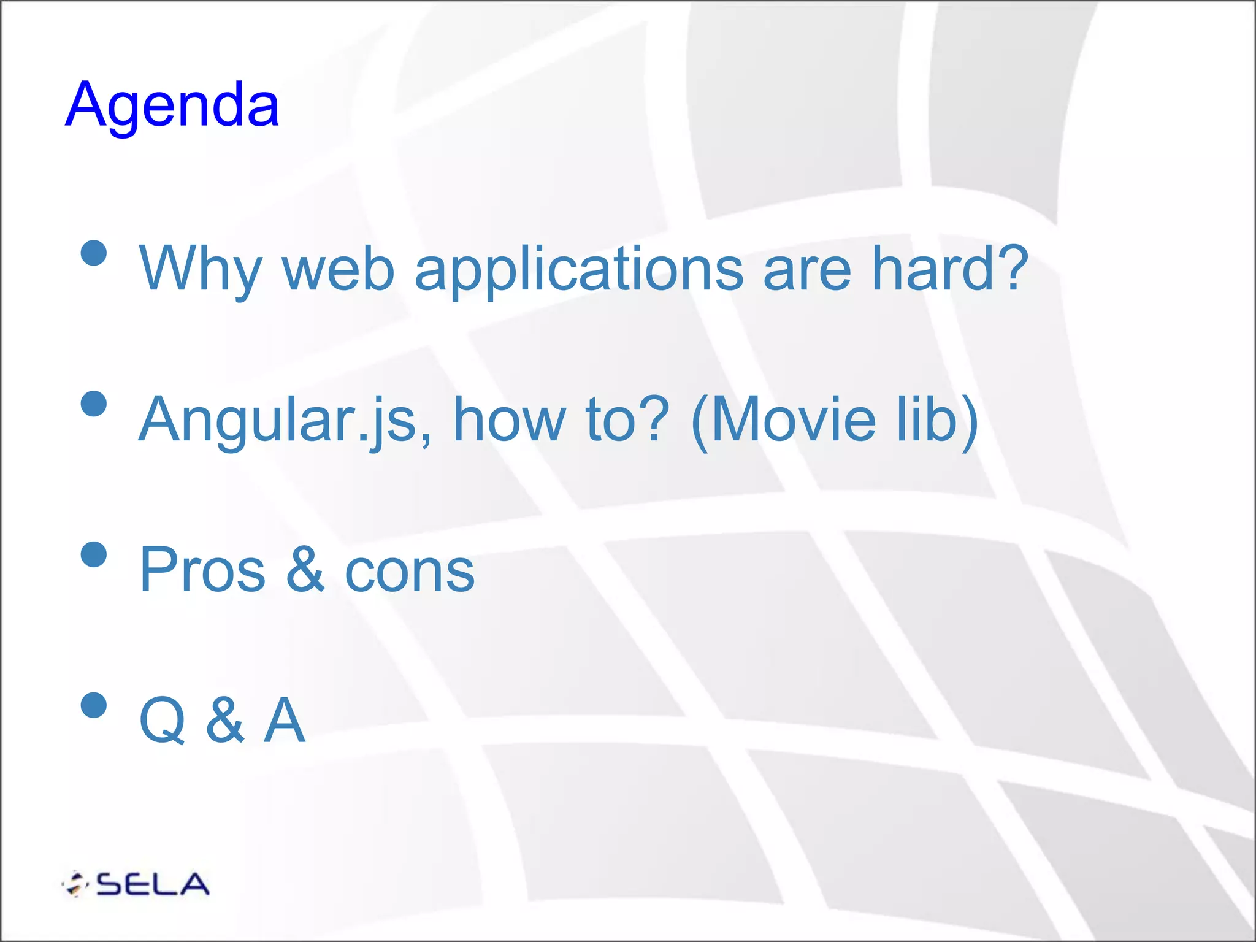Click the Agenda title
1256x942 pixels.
click(172, 105)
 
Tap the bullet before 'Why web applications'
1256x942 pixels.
click(94, 253)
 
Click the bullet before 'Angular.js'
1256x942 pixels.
click(94, 404)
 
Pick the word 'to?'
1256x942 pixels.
click(627, 420)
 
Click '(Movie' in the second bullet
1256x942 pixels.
click(783, 420)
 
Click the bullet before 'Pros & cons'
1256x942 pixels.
click(94, 555)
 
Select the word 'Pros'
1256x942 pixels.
click(202, 570)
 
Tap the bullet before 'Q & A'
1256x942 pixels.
click(94, 705)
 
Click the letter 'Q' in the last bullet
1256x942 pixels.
click(163, 721)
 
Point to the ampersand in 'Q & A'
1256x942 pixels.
click(225, 721)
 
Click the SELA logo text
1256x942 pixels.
click(152, 884)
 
